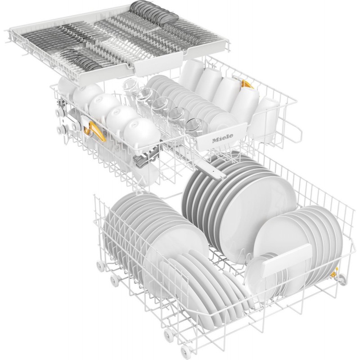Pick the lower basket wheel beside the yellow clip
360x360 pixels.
point(341,280)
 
